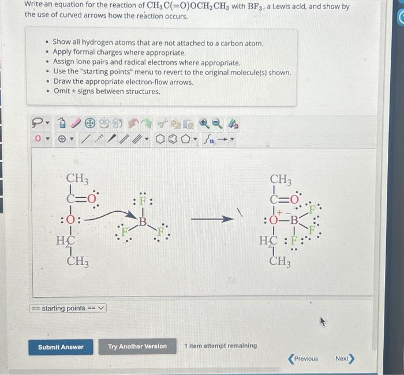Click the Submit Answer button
click(x=61, y=347)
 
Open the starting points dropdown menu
click(x=69, y=308)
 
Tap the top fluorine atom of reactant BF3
click(x=142, y=202)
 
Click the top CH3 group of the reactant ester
click(x=77, y=179)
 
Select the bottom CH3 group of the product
click(x=280, y=261)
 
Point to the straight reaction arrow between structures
click(x=212, y=219)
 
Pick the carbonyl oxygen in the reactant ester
click(x=94, y=199)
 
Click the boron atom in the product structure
click(x=294, y=220)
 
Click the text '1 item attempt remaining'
click(x=220, y=346)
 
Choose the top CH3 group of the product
click(x=280, y=179)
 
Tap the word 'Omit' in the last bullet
click(x=62, y=91)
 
